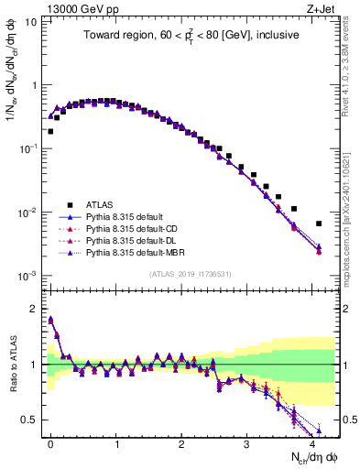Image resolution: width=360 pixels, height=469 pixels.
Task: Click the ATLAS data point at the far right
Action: [319, 224]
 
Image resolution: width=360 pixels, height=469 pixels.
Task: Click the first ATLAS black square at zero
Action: [50, 131]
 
